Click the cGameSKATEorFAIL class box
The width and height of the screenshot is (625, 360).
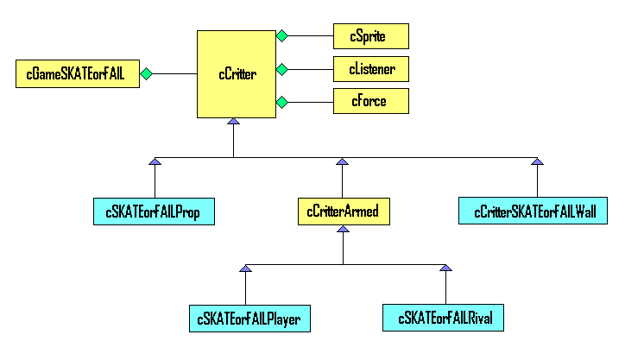pyautogui.click(x=78, y=73)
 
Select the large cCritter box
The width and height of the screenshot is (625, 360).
pyautogui.click(x=237, y=74)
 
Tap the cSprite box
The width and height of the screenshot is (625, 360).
pyautogui.click(x=371, y=36)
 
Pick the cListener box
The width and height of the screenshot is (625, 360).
pyautogui.click(x=371, y=69)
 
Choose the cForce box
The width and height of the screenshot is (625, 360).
pyautogui.click(x=371, y=101)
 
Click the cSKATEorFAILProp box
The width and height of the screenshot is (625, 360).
pyautogui.click(x=154, y=212)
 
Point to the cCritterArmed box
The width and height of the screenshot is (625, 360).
pyautogui.click(x=344, y=212)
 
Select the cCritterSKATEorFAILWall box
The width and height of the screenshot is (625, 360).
pyautogui.click(x=533, y=211)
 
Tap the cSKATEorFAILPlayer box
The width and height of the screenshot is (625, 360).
pyautogui.click(x=250, y=319)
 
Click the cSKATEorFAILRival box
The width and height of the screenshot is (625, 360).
pyautogui.click(x=443, y=318)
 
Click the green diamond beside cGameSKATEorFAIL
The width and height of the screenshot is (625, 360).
pyautogui.click(x=146, y=73)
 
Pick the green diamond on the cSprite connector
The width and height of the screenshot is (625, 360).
pyautogui.click(x=281, y=36)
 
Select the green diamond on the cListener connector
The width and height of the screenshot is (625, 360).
pyautogui.click(x=281, y=69)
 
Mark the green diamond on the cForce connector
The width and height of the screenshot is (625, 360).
pyautogui.click(x=281, y=102)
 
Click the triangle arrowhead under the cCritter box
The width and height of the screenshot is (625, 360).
pyautogui.click(x=234, y=121)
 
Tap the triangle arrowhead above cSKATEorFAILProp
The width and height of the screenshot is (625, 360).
pyautogui.click(x=155, y=161)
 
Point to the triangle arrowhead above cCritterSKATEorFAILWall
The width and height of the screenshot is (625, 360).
pyautogui.click(x=537, y=161)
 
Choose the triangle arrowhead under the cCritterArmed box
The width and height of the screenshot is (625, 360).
pyautogui.click(x=344, y=229)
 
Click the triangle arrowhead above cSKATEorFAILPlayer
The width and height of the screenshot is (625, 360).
pyautogui.click(x=245, y=268)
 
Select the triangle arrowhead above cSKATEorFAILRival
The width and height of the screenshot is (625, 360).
pyautogui.click(x=445, y=268)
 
